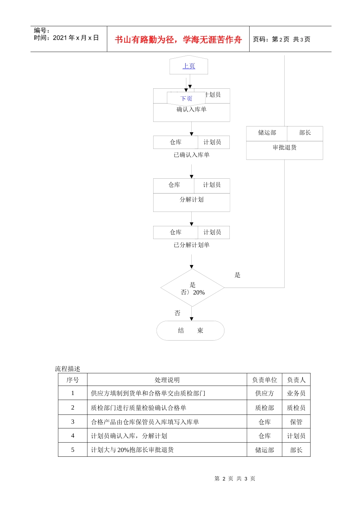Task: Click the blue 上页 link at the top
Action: tap(189, 66)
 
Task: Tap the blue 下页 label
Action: tap(186, 99)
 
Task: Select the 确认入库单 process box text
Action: tap(191, 110)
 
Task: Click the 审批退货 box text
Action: tap(284, 147)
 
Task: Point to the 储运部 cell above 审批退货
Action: tap(267, 133)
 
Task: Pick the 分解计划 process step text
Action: tap(191, 200)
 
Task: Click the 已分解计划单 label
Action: tap(191, 245)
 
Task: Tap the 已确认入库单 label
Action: tap(191, 155)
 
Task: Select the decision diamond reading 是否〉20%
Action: tap(192, 288)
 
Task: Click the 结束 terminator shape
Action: tap(191, 331)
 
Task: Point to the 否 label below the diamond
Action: tap(177, 313)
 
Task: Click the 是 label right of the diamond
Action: tap(237, 275)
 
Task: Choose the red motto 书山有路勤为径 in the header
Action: tap(178, 40)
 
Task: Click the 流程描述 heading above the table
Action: tap(67, 369)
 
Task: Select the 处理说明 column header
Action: tap(167, 380)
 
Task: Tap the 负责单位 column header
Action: tap(264, 380)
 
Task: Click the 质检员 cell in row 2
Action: tap(296, 408)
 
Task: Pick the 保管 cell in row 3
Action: tap(296, 422)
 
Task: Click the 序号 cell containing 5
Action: tap(73, 450)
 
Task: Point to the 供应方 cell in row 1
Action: tap(264, 393)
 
